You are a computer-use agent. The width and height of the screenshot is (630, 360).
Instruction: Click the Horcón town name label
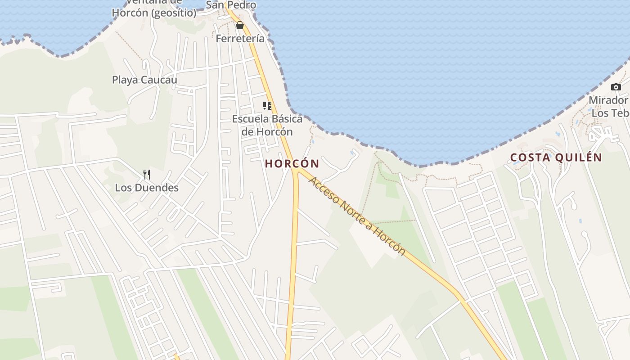pos(292,163)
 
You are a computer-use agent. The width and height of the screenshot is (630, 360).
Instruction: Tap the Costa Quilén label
pos(556,157)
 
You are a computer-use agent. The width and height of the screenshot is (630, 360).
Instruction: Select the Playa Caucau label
pos(144,80)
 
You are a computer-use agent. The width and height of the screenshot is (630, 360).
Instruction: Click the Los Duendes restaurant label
pos(147,188)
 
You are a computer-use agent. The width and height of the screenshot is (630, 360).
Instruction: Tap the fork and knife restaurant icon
pos(147,174)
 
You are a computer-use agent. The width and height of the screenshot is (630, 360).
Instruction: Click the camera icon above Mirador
pos(616,87)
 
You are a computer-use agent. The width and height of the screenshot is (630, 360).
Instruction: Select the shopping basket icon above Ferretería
pos(240,25)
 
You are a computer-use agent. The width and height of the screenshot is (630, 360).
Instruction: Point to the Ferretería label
pos(240,39)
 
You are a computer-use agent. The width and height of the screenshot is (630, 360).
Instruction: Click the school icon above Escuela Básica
pos(267,106)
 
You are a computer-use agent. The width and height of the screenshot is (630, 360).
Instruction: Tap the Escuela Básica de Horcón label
pos(267,126)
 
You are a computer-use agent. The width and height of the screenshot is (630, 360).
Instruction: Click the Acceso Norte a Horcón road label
pos(357,216)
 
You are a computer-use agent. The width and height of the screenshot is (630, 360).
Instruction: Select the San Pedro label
pos(231,5)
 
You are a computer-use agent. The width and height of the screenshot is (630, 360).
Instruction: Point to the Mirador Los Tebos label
pos(610,106)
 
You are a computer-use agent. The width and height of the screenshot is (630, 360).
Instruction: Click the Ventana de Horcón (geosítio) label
pos(154,9)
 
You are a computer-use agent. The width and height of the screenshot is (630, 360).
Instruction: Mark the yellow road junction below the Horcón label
pos(296,171)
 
